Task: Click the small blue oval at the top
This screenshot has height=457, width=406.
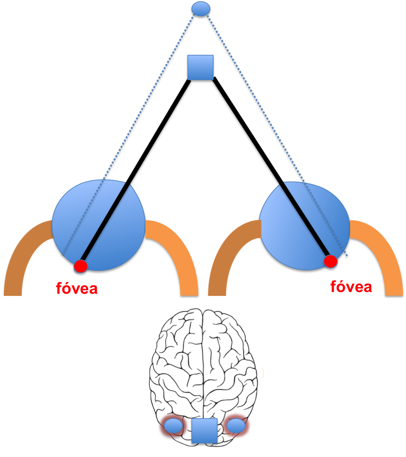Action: pos(201,9)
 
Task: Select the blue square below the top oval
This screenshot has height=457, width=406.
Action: pos(200,67)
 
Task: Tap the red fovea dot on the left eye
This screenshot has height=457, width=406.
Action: pos(80,266)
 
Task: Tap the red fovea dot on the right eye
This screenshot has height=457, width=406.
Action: pos(330,261)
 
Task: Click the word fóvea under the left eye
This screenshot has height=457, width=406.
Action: pos(77,289)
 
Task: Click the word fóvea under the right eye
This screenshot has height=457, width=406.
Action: pos(351,286)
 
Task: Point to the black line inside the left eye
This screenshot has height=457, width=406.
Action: pos(105,224)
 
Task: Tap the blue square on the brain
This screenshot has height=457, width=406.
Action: pos(204,431)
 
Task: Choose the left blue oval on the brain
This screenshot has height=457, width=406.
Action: pos(174,426)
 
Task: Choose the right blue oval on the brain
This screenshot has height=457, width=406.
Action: pos(236,426)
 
